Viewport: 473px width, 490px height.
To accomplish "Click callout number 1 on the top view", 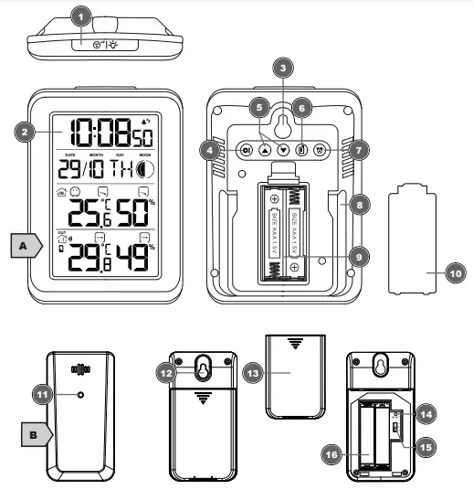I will click(x=81, y=17).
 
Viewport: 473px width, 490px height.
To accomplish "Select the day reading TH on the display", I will click(x=118, y=171).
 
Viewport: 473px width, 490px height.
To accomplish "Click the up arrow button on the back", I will click(x=265, y=150).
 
